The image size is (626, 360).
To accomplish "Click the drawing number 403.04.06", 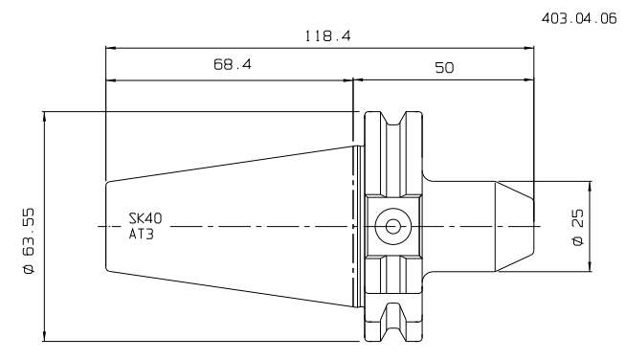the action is (579, 19).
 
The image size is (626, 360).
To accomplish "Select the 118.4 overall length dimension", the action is (327, 36).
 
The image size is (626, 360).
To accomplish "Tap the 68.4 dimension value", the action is (233, 64).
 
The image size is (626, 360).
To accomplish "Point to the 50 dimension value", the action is (444, 68).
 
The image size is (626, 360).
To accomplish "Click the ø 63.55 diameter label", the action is (29, 241).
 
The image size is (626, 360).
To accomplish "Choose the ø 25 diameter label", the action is (578, 227).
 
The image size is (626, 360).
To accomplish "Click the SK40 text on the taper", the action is (145, 218).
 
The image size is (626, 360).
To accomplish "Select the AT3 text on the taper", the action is (142, 234).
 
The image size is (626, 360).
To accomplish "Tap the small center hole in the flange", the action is (392, 227).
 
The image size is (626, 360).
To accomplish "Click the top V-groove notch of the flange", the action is (393, 119).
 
